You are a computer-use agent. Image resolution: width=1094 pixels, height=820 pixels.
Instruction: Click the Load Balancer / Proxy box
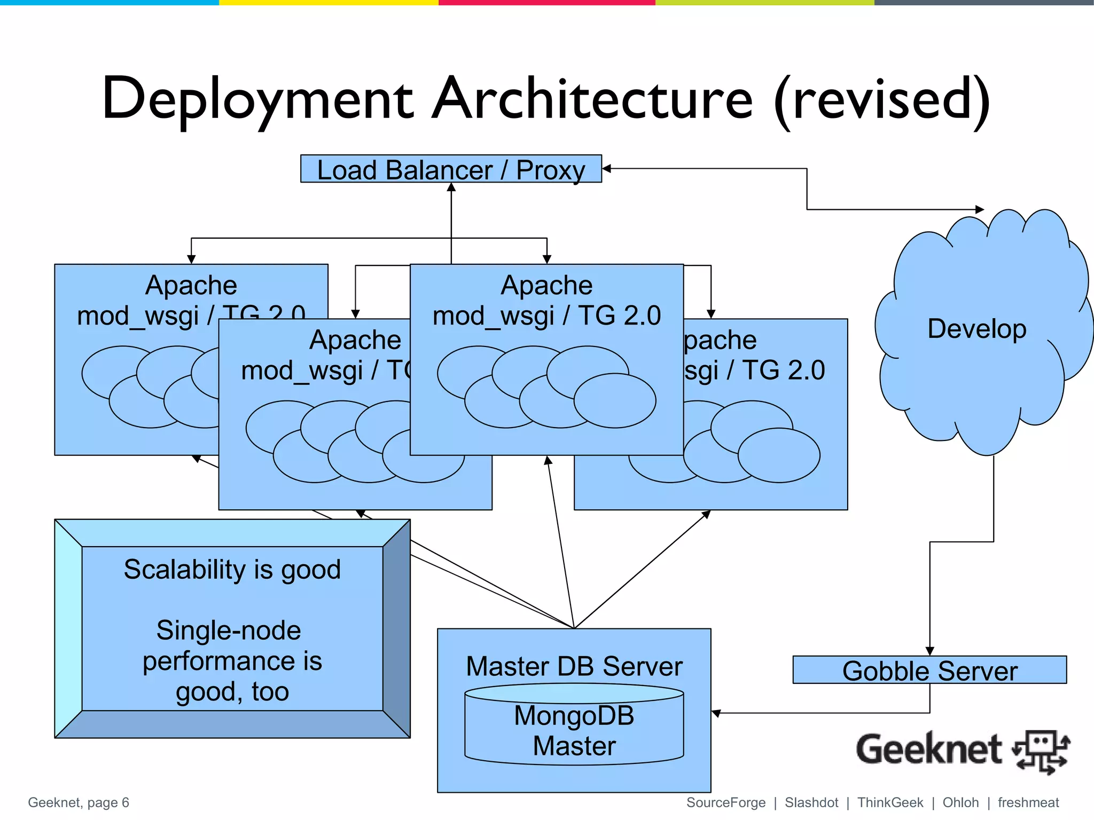click(x=451, y=169)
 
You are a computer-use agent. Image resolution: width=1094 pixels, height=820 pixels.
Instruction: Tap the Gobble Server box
click(x=929, y=670)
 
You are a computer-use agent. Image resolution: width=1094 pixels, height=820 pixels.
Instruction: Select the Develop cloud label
click(x=976, y=328)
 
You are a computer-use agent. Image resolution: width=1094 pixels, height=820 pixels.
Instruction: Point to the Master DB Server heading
click(x=574, y=666)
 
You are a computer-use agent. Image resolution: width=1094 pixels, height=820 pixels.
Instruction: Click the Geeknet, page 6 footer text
click(x=79, y=802)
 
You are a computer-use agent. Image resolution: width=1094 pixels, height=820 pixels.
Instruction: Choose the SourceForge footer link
click(x=725, y=802)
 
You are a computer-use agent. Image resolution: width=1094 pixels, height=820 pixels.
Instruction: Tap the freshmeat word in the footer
click(x=1028, y=802)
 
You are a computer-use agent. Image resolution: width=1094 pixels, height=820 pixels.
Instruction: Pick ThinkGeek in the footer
click(x=890, y=802)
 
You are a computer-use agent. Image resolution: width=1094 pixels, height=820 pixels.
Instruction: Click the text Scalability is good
click(x=232, y=569)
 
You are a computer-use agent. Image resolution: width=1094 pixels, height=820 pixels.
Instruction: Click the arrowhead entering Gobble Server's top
click(x=929, y=651)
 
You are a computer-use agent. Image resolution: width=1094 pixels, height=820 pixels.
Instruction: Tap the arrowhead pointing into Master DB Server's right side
click(x=716, y=713)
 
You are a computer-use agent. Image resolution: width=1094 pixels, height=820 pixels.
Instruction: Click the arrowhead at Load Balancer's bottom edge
click(x=451, y=187)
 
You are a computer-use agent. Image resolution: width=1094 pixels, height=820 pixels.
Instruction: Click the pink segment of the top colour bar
click(x=546, y=3)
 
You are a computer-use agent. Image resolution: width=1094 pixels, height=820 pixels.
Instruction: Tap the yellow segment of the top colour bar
click(x=329, y=3)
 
